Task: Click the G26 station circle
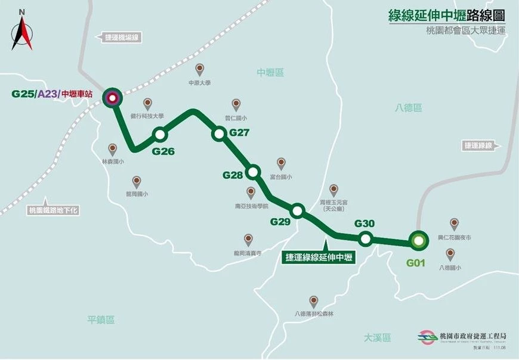[x=159, y=134]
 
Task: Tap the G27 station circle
[x=218, y=134]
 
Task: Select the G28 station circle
[x=253, y=172]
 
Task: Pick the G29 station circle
[x=297, y=210]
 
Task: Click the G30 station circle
[x=366, y=239]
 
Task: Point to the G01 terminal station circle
[x=418, y=241]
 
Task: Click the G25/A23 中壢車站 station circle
[x=112, y=97]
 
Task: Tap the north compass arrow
[x=22, y=33]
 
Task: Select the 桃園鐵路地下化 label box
[x=54, y=210]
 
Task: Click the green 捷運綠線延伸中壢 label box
[x=319, y=257]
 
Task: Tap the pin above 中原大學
[x=200, y=69]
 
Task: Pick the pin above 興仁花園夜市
[x=455, y=224]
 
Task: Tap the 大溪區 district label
[x=378, y=337]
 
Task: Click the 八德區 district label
[x=408, y=108]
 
